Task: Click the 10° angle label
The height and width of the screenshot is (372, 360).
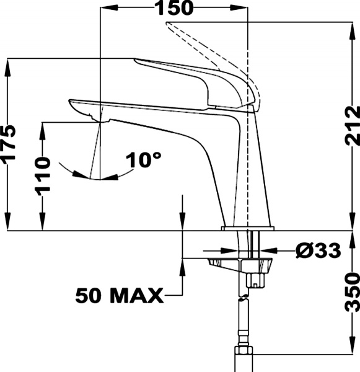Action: (143, 161)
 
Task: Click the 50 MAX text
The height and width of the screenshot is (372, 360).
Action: (119, 294)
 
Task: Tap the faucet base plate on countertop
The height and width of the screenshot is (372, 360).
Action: (248, 229)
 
